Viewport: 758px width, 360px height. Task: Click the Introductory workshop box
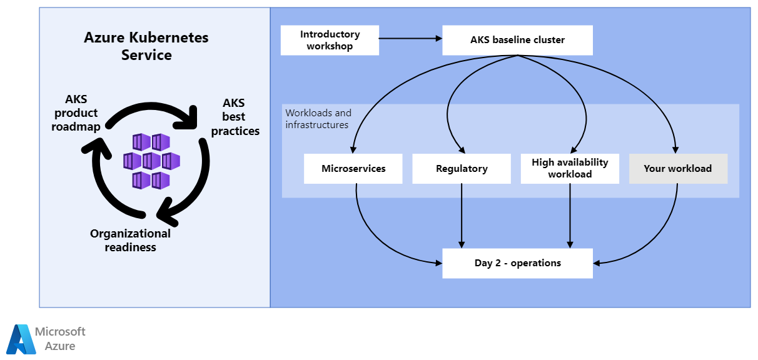pyautogui.click(x=330, y=40)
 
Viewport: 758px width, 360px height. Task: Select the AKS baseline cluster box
pyautogui.click(x=517, y=40)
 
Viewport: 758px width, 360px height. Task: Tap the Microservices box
pyautogui.click(x=353, y=169)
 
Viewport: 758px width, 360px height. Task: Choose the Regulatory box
pyautogui.click(x=462, y=169)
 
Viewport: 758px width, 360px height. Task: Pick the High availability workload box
pyautogui.click(x=570, y=169)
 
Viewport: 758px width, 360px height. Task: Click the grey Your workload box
pyautogui.click(x=678, y=169)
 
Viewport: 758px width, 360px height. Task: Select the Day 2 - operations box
pyautogui.click(x=517, y=263)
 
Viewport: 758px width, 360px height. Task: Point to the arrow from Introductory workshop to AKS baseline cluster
pyautogui.click(x=410, y=39)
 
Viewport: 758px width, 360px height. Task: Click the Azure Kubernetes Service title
pyautogui.click(x=146, y=46)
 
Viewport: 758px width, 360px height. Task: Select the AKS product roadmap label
pyautogui.click(x=76, y=113)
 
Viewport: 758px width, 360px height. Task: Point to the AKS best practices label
pyautogui.click(x=235, y=117)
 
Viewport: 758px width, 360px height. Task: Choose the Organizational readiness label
pyautogui.click(x=130, y=240)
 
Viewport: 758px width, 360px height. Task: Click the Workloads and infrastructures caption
pyautogui.click(x=318, y=119)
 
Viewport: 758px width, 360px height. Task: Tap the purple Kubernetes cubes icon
pyautogui.click(x=151, y=161)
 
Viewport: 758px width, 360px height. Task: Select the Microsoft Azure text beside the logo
pyautogui.click(x=60, y=339)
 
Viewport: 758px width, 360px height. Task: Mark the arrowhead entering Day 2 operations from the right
pyautogui.click(x=597, y=263)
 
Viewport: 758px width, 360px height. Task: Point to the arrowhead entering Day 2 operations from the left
pyautogui.click(x=438, y=263)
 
